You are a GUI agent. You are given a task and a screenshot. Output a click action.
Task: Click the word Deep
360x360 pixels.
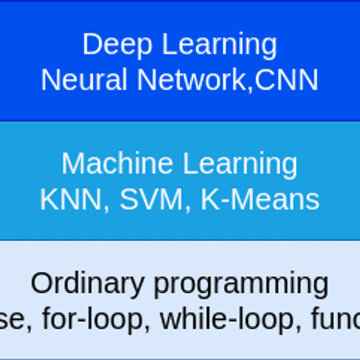tap(111, 44)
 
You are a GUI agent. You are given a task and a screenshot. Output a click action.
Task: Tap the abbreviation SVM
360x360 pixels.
tap(152, 199)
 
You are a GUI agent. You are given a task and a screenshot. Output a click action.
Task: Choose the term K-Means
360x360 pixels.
tap(260, 199)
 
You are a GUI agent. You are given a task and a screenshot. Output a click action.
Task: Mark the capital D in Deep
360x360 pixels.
tap(90, 44)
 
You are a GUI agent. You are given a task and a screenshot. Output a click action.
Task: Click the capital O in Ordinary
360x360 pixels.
tap(40, 284)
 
